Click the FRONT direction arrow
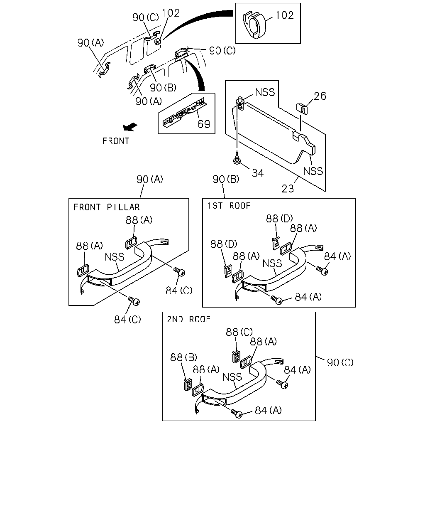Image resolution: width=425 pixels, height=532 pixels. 130,127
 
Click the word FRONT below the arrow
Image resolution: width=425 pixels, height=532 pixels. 115,141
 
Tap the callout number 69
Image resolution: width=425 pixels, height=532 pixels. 204,124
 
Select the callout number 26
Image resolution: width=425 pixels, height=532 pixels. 320,96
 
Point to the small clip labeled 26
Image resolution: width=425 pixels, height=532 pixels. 302,108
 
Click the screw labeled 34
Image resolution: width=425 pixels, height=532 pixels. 237,158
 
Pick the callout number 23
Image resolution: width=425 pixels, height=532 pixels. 288,189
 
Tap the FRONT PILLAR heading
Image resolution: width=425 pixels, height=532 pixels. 107,207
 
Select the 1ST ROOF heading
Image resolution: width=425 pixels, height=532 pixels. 229,206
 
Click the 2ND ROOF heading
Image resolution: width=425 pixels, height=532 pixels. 189,319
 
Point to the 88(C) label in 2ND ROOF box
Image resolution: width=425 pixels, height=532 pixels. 239,332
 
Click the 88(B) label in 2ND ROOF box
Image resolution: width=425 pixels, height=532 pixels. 183,357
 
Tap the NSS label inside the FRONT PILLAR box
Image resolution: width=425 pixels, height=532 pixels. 114,257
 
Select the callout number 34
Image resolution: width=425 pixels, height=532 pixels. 258,173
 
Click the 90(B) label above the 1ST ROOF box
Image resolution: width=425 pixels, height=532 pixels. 226,179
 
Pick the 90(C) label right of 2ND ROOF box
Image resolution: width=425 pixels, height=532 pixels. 340,363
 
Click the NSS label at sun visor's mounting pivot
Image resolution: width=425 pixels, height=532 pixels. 265,92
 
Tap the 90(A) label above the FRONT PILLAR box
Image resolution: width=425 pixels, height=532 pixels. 150,179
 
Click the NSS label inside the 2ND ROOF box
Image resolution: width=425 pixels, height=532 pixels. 232,377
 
